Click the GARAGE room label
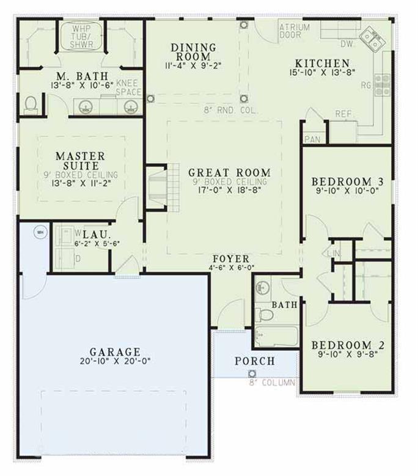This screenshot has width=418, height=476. [x=115, y=352]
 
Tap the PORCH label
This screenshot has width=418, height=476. [x=254, y=361]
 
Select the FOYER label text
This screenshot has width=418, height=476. [x=230, y=258]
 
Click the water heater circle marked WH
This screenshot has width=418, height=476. [x=40, y=232]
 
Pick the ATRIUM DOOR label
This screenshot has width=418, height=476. [x=295, y=32]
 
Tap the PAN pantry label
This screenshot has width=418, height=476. [x=312, y=139]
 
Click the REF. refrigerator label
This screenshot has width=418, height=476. [x=343, y=114]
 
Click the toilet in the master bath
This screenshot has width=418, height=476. [x=31, y=106]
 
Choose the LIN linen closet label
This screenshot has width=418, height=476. [x=333, y=252]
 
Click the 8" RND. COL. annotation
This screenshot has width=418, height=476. [x=232, y=111]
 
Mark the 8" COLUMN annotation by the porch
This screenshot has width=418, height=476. [x=271, y=383]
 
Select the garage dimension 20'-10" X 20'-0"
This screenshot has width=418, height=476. [x=115, y=361]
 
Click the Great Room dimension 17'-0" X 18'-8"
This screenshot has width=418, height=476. [x=229, y=191]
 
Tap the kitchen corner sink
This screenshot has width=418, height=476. [x=371, y=40]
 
